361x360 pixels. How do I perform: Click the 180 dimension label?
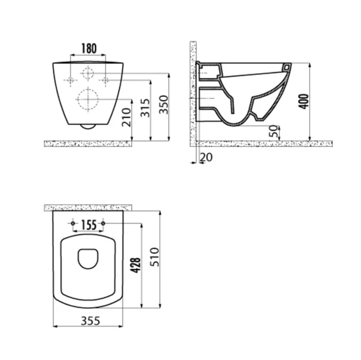click(x=89, y=49)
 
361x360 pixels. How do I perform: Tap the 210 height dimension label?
click(x=127, y=118)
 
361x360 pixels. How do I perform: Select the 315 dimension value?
click(x=145, y=108)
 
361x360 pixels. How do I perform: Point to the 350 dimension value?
click(x=164, y=105)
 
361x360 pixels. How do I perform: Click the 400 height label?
click(x=305, y=102)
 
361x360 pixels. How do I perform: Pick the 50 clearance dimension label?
click(x=274, y=131)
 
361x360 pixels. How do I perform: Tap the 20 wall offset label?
click(x=206, y=157)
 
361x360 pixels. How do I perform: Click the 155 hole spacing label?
click(x=89, y=225)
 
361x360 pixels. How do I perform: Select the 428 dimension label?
click(x=135, y=266)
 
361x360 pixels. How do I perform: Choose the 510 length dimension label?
click(x=154, y=257)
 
